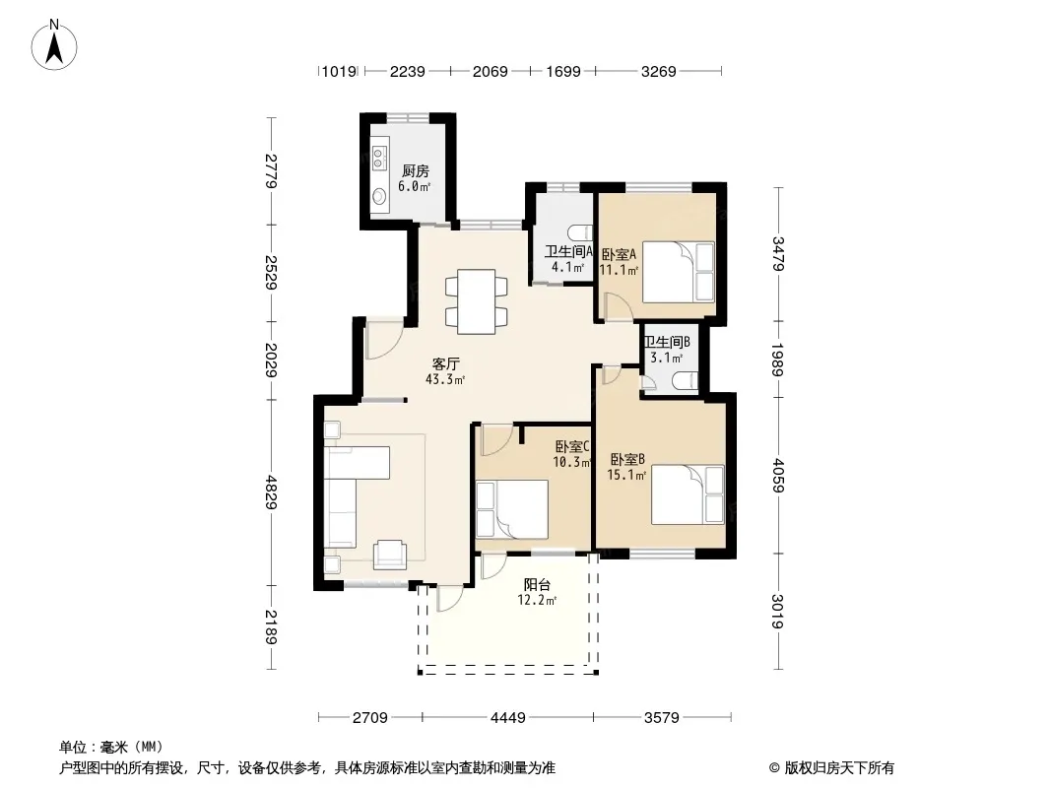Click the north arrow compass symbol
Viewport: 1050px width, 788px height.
[x=54, y=45]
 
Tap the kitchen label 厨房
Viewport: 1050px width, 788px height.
[x=416, y=171]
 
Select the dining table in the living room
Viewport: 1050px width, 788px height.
[x=476, y=302]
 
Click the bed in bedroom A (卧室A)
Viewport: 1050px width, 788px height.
[x=679, y=272]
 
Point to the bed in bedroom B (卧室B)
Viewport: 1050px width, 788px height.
[x=688, y=494]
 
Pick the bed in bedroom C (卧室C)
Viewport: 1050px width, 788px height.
[x=511, y=508]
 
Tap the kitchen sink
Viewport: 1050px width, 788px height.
[x=379, y=196]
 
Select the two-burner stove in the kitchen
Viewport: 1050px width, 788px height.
[x=379, y=158]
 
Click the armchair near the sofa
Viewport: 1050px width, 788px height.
[x=390, y=554]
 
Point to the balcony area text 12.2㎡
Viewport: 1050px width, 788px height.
[x=537, y=601]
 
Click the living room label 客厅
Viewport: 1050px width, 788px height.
[x=445, y=364]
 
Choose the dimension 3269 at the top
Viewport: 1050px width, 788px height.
[x=658, y=71]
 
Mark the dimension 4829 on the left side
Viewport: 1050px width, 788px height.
[x=271, y=492]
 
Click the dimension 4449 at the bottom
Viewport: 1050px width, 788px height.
[x=507, y=718]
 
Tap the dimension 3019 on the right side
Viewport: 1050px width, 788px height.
[x=777, y=612]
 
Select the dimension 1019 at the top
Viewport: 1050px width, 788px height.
[x=339, y=71]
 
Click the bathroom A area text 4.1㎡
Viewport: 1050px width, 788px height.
[x=568, y=267]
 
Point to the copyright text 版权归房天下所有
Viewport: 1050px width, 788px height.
[x=839, y=768]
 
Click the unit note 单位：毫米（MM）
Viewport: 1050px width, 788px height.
[x=111, y=748]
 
